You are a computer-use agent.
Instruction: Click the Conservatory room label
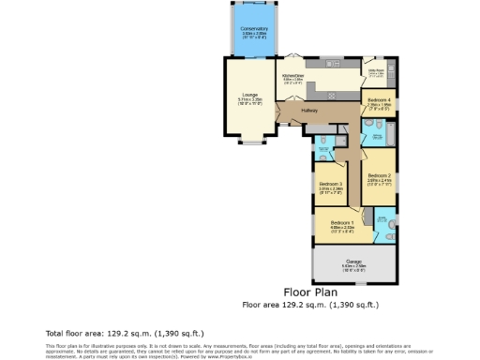click(x=253, y=29)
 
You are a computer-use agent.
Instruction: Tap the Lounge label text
click(x=250, y=94)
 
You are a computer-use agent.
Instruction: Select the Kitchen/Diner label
click(x=293, y=74)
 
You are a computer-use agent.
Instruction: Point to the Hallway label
click(x=308, y=112)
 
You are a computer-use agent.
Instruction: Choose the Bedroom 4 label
click(x=379, y=99)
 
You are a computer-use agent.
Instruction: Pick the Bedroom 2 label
click(x=379, y=175)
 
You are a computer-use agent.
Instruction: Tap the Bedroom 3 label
click(x=330, y=183)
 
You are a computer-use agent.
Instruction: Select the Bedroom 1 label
click(x=342, y=221)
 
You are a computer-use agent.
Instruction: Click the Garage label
click(x=352, y=262)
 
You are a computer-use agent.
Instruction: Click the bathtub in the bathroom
click(x=377, y=138)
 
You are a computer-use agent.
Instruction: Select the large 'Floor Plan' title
click(x=309, y=292)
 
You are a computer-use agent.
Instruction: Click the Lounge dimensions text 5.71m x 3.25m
click(x=250, y=98)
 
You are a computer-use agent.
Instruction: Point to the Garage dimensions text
click(x=352, y=267)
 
